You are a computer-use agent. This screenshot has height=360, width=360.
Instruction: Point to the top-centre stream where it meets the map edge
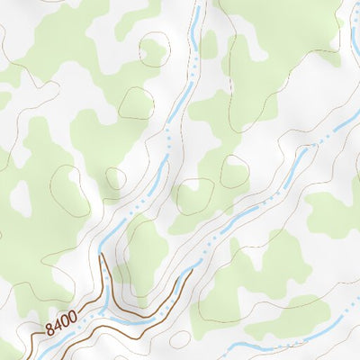(x=195, y=3)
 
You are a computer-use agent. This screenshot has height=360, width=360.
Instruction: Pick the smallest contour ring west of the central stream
(x=114, y=179)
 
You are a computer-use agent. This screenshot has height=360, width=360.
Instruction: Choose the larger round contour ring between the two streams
(x=194, y=196)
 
